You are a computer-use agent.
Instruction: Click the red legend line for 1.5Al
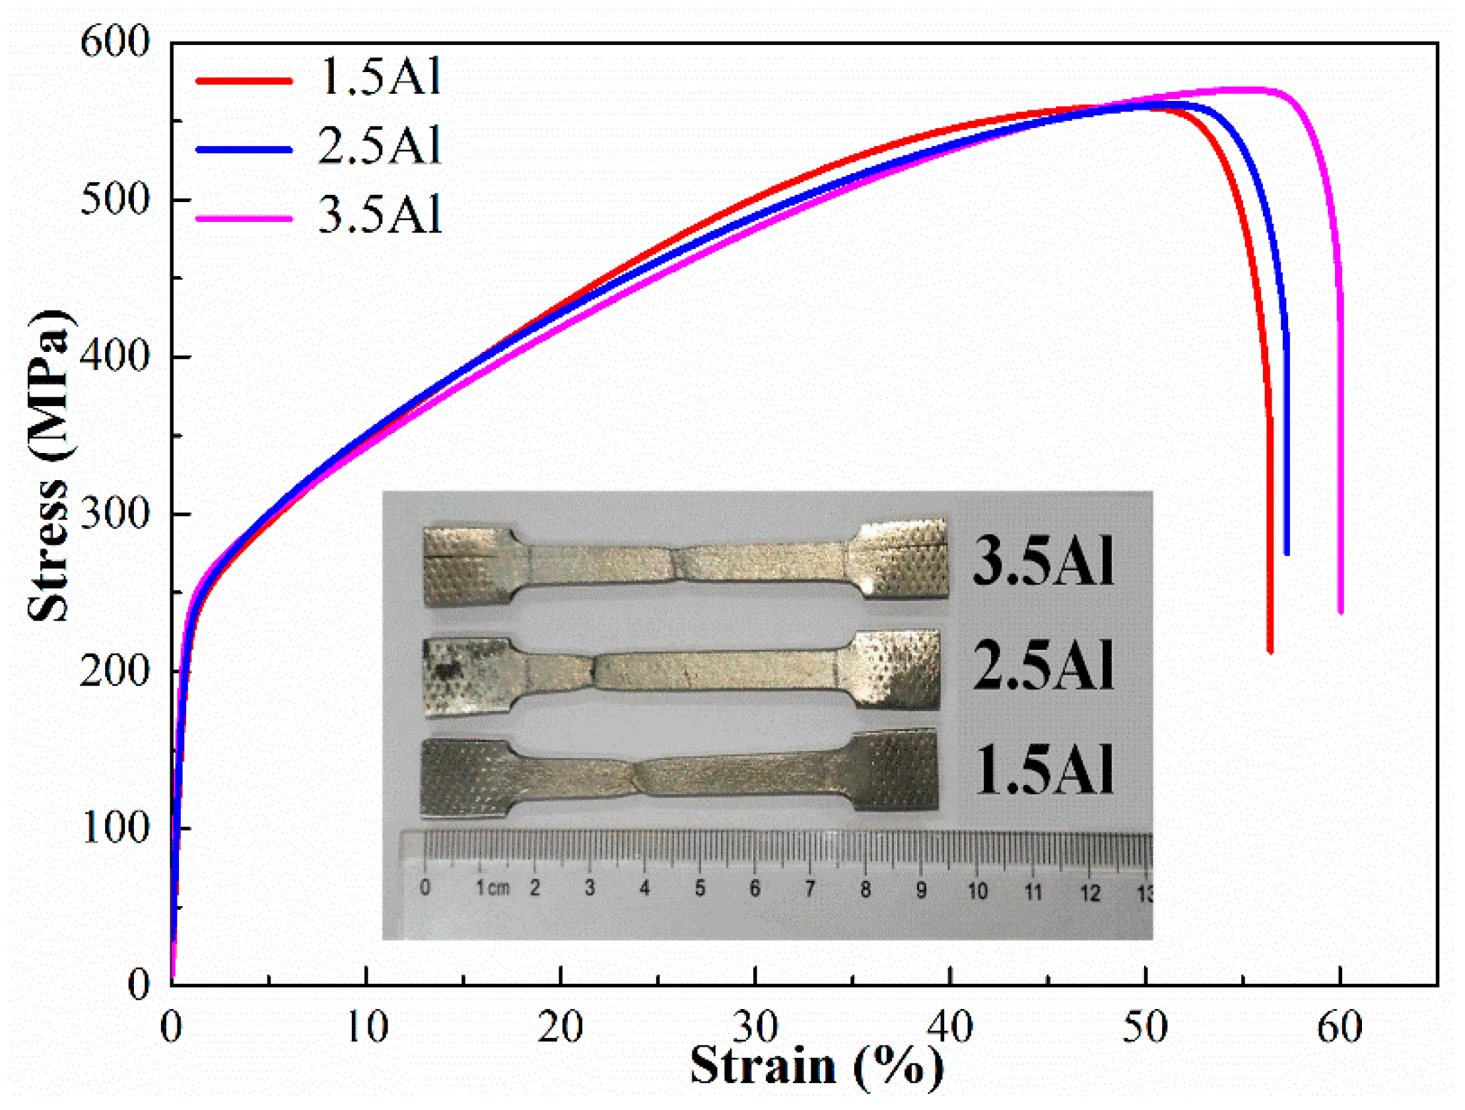click(244, 80)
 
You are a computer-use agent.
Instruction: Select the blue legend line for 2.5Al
click(244, 149)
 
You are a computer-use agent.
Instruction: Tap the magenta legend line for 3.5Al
click(244, 218)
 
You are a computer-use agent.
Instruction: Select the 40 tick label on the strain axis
click(950, 1027)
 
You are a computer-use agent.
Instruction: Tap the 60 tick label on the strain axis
click(1339, 1027)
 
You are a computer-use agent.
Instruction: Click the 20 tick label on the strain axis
click(561, 1027)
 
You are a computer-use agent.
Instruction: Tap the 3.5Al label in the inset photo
click(1043, 561)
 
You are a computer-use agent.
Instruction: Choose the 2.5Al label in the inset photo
click(1043, 665)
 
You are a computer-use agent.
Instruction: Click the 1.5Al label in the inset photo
click(1043, 768)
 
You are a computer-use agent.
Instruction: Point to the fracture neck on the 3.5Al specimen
click(679, 563)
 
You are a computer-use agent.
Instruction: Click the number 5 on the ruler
click(700, 888)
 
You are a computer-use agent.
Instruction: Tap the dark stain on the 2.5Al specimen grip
click(450, 671)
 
